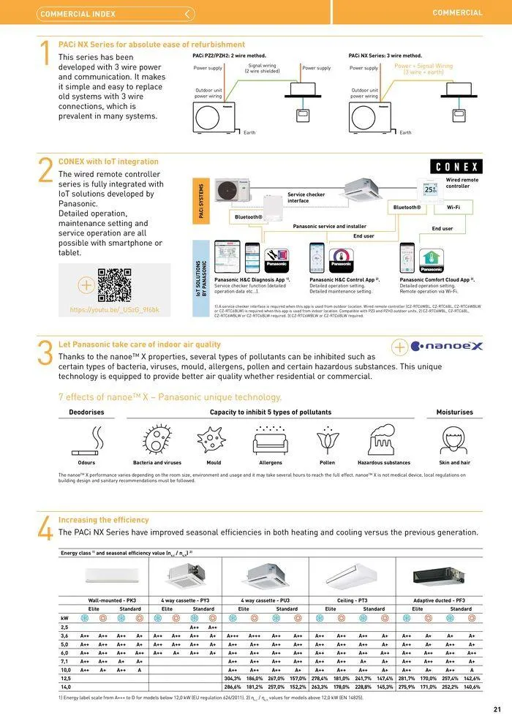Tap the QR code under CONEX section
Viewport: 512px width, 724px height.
[114, 285]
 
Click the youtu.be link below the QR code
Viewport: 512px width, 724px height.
[114, 310]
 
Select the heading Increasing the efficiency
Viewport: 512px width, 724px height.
[104, 520]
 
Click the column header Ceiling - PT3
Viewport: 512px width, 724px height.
[352, 600]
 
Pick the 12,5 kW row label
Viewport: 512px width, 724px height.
[65, 678]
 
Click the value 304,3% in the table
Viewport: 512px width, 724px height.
[233, 678]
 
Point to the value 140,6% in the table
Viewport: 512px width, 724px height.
[472, 687]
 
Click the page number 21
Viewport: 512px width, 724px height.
[497, 709]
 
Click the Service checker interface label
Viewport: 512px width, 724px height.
[306, 197]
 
